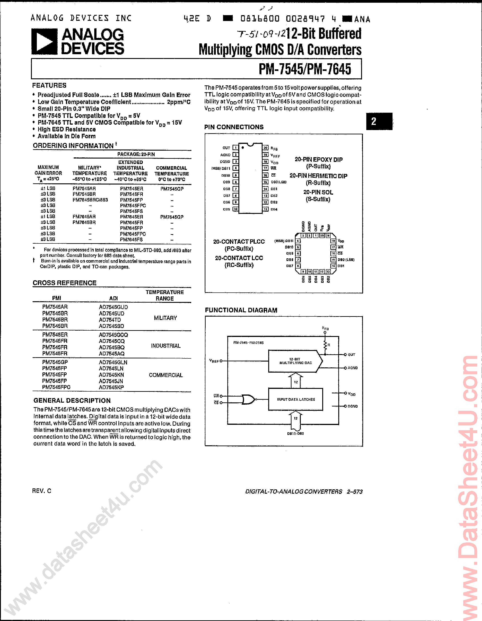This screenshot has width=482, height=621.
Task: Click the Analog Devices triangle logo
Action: coord(44,42)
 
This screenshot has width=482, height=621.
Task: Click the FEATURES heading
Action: coord(49,85)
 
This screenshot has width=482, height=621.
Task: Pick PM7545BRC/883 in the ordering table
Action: coord(90,200)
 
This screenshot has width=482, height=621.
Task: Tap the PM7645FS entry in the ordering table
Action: coord(131,239)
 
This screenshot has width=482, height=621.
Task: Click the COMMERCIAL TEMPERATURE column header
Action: coord(172,173)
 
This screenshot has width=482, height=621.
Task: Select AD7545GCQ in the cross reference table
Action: coord(113,335)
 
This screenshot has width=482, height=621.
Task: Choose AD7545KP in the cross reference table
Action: coord(111,387)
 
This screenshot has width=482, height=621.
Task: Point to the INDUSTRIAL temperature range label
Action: coord(166,346)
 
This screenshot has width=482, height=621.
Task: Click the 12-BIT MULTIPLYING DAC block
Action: coord(295,361)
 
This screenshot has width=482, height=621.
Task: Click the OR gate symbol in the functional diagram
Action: coord(248,399)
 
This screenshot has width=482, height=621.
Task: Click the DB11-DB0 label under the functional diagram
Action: coord(295,434)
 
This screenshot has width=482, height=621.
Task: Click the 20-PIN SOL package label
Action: coord(318,192)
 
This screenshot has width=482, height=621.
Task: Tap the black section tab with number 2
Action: coord(379,121)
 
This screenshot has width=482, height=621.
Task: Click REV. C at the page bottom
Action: coord(42,491)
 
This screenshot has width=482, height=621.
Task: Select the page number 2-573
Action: coord(355,492)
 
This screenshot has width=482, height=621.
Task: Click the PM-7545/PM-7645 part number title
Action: coord(305,69)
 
